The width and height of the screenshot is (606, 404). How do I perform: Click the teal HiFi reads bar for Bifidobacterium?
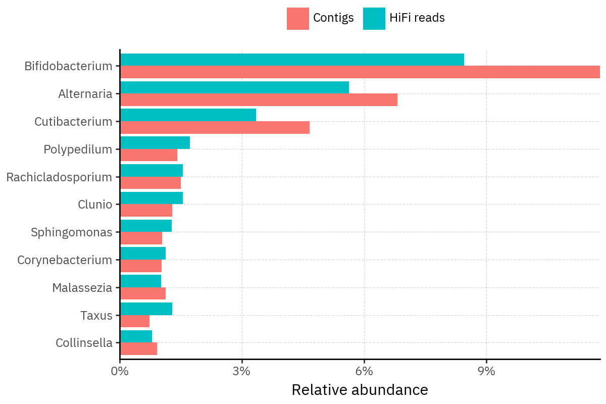pos(292,60)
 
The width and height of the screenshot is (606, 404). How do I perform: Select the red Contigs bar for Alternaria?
pos(259,99)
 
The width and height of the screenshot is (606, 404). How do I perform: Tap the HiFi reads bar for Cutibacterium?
pos(188,115)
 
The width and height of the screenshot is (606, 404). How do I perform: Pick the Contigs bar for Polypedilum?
pos(148,155)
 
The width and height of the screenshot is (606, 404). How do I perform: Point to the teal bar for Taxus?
pos(146,309)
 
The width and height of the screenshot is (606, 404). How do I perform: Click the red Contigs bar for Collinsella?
pos(138,349)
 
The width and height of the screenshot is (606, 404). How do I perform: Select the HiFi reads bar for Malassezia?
pos(140,281)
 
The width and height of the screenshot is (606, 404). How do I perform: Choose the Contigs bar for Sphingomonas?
pos(141,238)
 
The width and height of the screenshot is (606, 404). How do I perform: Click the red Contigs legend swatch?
pos(297,19)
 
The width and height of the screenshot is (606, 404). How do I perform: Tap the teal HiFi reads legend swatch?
pos(374,19)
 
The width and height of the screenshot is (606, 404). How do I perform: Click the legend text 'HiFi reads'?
pos(417,18)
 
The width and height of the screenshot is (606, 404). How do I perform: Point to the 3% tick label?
pos(242,371)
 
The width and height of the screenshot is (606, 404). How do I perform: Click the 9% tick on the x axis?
pos(486,371)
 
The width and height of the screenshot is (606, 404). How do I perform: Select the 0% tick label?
pos(120,371)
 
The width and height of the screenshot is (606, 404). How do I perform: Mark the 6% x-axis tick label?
pos(364,371)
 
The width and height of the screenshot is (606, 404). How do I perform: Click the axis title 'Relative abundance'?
pos(360,390)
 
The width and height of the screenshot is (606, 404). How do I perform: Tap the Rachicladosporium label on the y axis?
pos(59,177)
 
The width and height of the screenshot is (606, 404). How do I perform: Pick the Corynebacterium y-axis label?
pos(65,260)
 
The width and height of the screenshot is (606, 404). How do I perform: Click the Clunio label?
pos(95,205)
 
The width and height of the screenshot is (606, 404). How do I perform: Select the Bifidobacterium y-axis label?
pos(68,66)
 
